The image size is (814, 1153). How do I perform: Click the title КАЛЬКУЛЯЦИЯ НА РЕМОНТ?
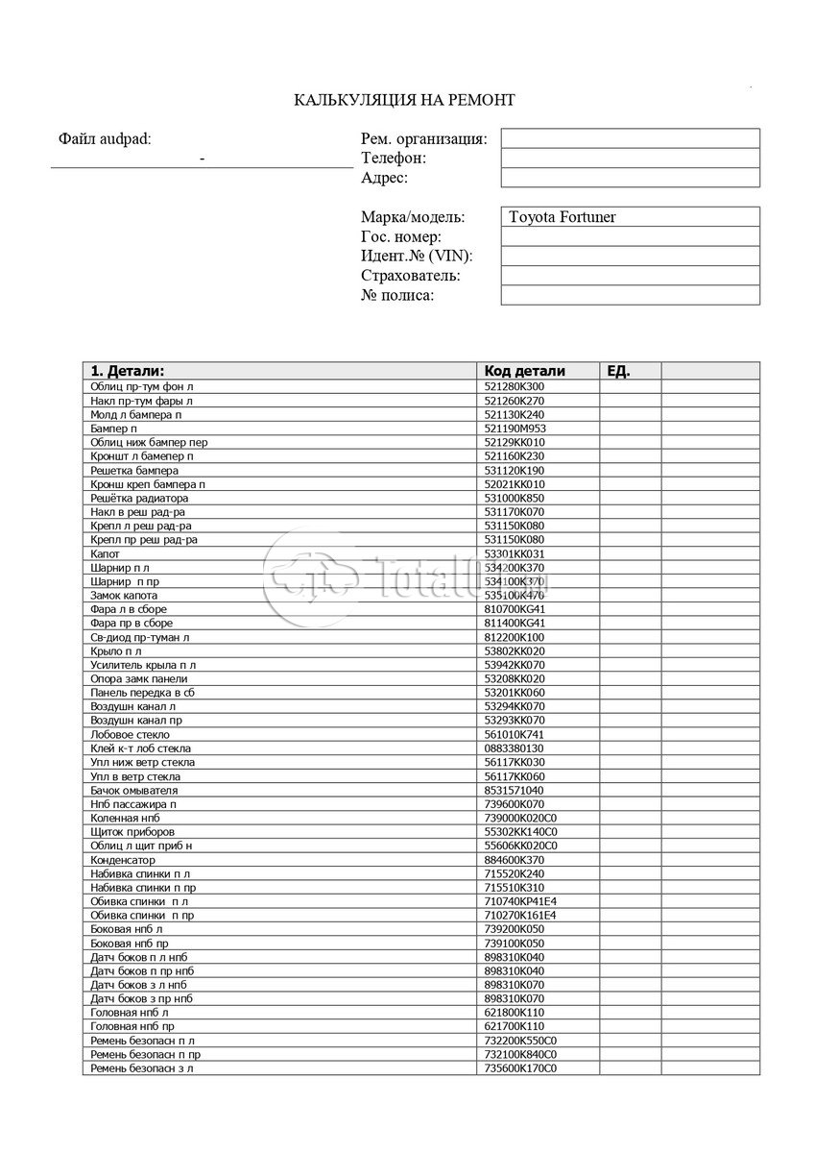coord(404,100)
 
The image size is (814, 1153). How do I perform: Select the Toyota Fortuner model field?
coord(630,217)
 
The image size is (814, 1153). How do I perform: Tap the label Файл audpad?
coord(105,139)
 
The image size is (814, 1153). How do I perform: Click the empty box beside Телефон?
coord(630,159)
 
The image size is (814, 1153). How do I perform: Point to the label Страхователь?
coord(411,276)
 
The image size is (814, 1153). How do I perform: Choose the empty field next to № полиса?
coord(630,295)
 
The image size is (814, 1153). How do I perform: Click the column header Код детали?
coord(525,371)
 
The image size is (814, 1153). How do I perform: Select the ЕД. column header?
coord(619,371)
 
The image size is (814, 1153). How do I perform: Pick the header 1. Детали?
coord(128,371)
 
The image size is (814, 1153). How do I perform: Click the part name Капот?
coord(105,553)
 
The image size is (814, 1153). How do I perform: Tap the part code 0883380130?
coord(514,748)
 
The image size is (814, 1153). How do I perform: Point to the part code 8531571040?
coord(514,790)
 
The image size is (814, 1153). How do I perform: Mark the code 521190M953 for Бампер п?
coord(515,429)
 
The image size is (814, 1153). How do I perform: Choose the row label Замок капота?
coord(124,596)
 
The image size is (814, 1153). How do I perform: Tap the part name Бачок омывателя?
coord(133,790)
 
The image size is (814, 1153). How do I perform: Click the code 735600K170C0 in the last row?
coord(521,1068)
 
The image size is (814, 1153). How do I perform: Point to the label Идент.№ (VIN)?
coord(417,257)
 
